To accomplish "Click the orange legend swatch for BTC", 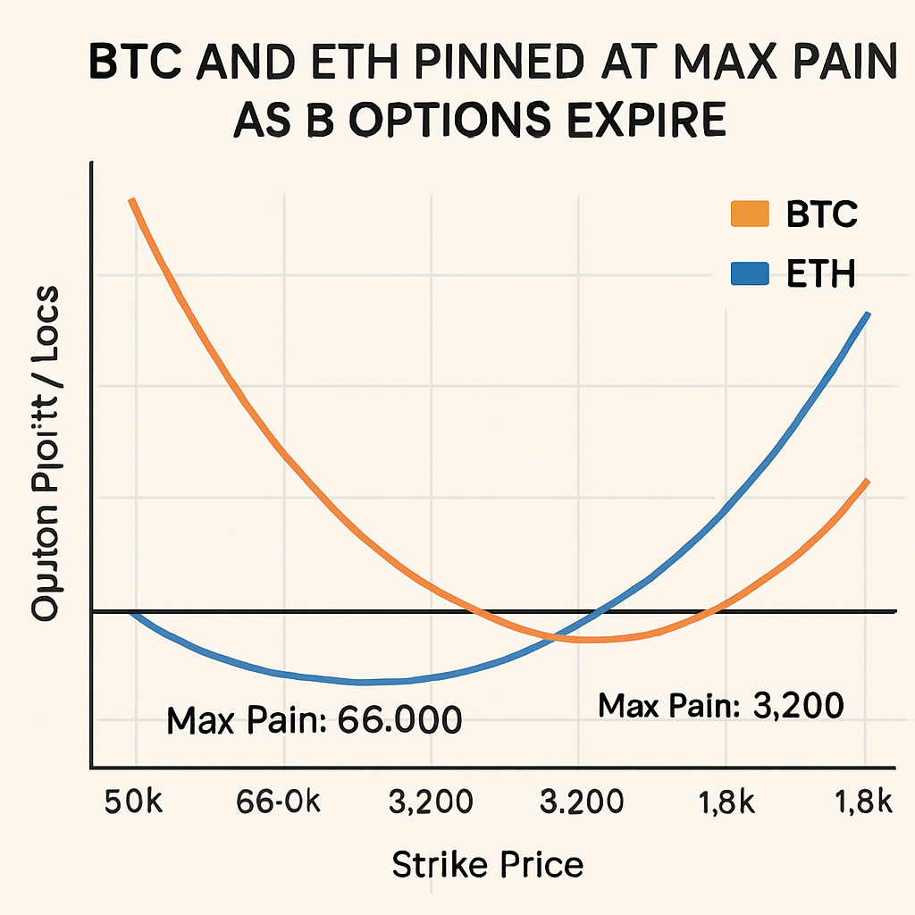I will tap(750, 214).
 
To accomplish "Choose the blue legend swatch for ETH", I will tap(750, 273).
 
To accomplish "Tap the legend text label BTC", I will tap(821, 214).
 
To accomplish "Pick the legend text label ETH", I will tap(821, 273).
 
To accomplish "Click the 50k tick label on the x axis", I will tap(133, 802).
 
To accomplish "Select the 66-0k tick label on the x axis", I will tap(279, 802).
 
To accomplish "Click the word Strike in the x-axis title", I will tap(436, 865).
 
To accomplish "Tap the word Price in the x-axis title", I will tap(541, 865).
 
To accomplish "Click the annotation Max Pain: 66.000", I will tap(315, 719).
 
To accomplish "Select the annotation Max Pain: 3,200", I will tap(721, 706).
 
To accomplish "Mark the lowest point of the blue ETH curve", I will tap(362, 682).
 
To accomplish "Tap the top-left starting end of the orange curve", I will tap(132, 201).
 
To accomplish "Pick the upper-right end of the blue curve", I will tap(868, 315).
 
